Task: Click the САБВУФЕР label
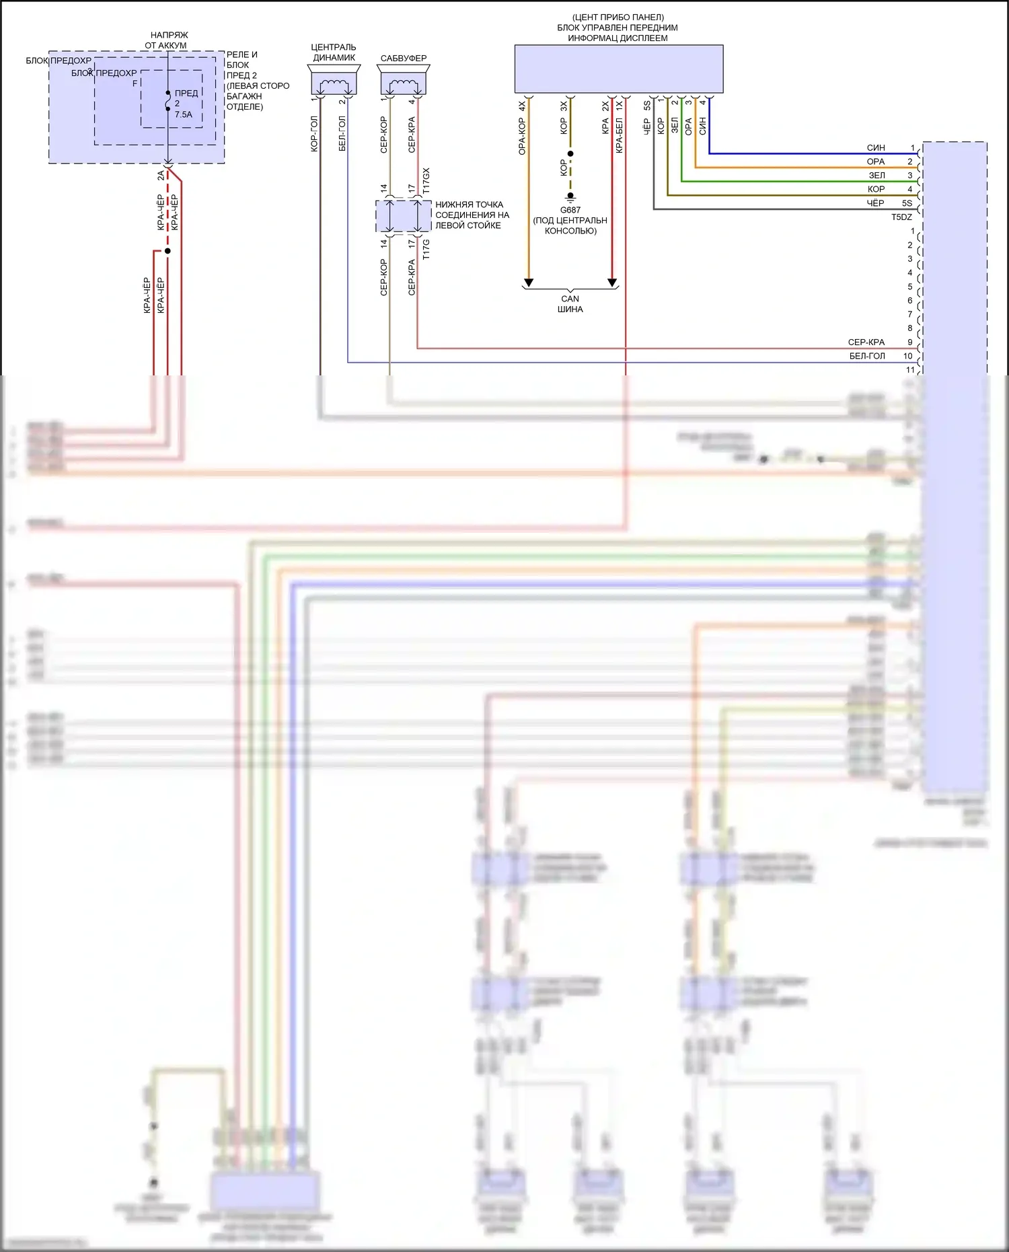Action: point(404,59)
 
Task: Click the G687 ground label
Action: point(570,210)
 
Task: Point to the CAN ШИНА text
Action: point(570,304)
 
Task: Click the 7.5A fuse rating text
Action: point(184,114)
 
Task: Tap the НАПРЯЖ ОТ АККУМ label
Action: point(168,40)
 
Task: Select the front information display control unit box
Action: point(618,69)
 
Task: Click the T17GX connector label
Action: point(426,181)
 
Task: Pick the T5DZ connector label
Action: point(901,217)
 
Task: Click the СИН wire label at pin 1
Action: point(876,147)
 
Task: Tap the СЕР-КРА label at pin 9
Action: point(866,342)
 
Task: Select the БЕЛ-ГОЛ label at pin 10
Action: point(867,356)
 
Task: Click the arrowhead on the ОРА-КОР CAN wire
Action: point(529,283)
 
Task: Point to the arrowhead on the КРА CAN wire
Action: point(612,283)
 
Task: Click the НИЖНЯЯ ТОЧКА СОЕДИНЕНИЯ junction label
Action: point(472,215)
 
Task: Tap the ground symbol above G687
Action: point(570,198)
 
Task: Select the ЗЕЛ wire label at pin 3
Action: point(877,175)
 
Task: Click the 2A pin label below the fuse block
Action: point(161,176)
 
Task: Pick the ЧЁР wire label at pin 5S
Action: point(875,202)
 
